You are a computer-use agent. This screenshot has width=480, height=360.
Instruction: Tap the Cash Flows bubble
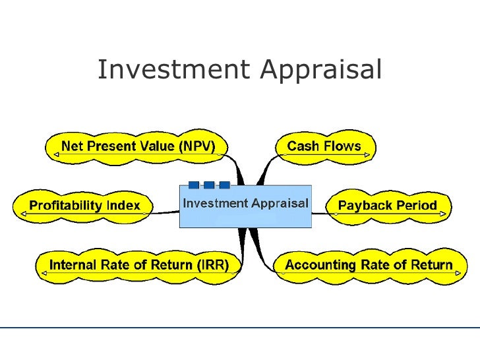[x=324, y=146]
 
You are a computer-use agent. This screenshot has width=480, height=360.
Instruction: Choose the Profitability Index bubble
[x=84, y=205]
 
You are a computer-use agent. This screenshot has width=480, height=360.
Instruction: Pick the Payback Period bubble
[x=387, y=205]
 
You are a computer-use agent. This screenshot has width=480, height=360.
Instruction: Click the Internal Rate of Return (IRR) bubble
[x=139, y=266]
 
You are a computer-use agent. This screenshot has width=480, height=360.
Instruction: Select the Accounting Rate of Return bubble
[x=368, y=266]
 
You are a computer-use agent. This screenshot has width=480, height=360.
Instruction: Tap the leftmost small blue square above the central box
[x=194, y=185]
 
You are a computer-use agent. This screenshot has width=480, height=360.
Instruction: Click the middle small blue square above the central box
[x=209, y=185]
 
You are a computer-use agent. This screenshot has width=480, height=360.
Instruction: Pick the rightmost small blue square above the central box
[x=224, y=185]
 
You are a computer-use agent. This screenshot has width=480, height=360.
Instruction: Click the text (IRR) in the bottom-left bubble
[x=212, y=266]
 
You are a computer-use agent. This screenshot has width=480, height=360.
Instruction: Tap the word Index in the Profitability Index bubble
[x=123, y=205]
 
